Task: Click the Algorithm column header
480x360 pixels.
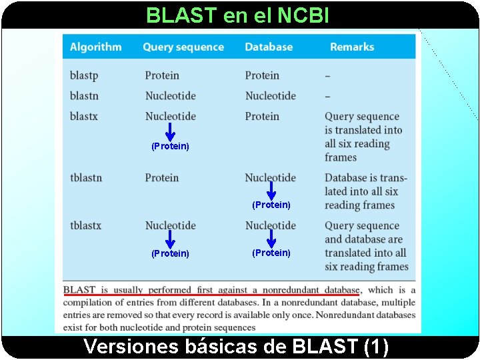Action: pos(95,47)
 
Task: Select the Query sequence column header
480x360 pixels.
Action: pos(183,47)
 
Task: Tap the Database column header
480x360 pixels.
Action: pos(269,47)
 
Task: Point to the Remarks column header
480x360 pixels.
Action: pos(352,47)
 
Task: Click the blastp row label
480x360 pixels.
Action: pos(83,75)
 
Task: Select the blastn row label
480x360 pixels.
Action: pos(84,95)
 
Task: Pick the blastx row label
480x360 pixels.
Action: pos(84,116)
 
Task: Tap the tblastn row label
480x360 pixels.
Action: pos(86,177)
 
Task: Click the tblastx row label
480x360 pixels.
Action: pos(86,225)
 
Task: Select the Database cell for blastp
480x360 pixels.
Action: pos(262,75)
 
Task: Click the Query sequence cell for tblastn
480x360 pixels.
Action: pos(162,177)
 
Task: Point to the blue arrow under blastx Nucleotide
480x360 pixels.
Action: pos(170,132)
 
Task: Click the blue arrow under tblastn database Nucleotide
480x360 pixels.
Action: pos(271,191)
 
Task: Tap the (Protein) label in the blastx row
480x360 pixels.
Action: pos(170,146)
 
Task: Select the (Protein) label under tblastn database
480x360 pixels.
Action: pos(271,205)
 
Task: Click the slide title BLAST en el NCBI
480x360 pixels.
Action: pos(237,15)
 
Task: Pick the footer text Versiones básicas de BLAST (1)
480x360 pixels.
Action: pos(236,347)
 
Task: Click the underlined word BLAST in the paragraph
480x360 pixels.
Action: pos(79,290)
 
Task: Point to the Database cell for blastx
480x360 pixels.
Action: pos(262,116)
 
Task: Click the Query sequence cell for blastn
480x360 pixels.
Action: pos(171,95)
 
